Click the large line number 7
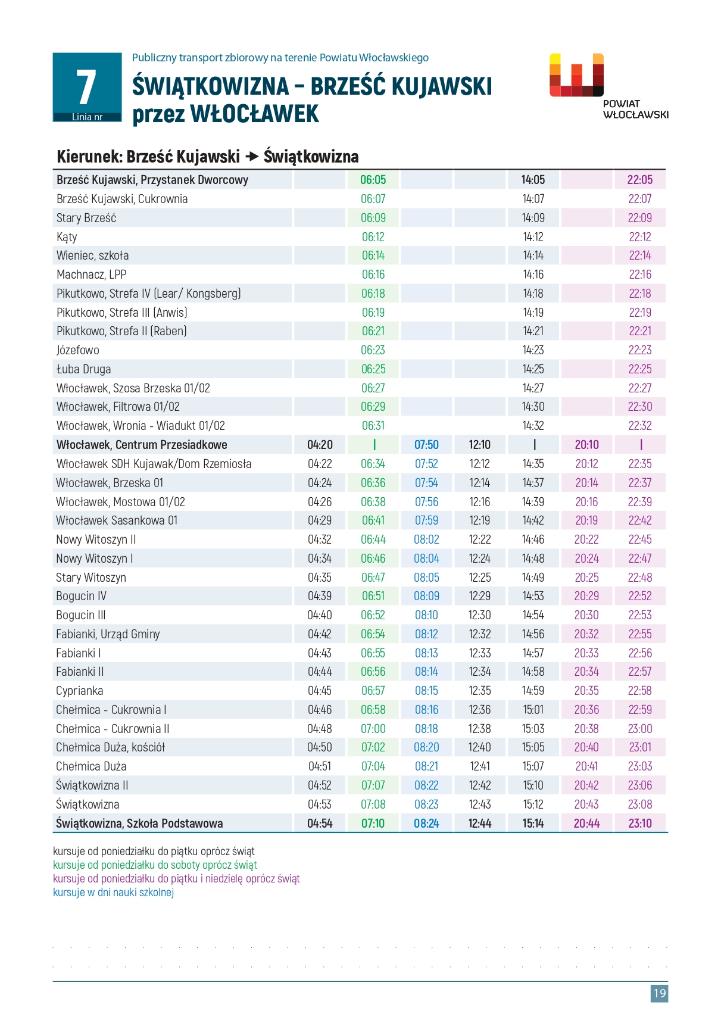(86, 87)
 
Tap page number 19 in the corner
(659, 993)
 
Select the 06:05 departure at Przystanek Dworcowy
(373, 180)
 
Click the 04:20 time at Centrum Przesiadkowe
(320, 445)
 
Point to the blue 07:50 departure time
(426, 445)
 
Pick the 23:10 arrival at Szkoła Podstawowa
(640, 824)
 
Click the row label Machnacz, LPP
(91, 275)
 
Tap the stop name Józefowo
(77, 350)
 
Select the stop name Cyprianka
(79, 691)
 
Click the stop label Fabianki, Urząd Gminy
(108, 634)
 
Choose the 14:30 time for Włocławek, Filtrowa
(533, 407)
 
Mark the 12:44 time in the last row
(479, 824)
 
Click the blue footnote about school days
(113, 892)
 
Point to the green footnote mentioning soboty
(155, 865)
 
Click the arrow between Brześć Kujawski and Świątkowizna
(252, 157)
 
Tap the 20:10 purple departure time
(586, 445)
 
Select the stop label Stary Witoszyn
(91, 578)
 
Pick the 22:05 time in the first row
(640, 180)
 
